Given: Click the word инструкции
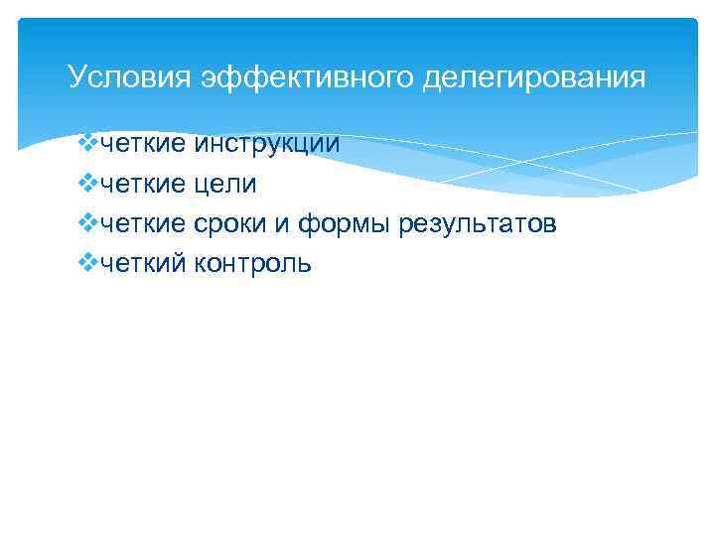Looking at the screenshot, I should click(x=267, y=145).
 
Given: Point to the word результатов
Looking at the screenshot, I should click(x=478, y=224).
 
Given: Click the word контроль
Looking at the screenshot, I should click(x=253, y=264).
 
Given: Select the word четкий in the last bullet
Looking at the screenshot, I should click(x=141, y=264).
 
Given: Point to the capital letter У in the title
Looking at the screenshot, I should click(x=75, y=76).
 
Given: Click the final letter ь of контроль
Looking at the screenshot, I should click(x=306, y=264).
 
